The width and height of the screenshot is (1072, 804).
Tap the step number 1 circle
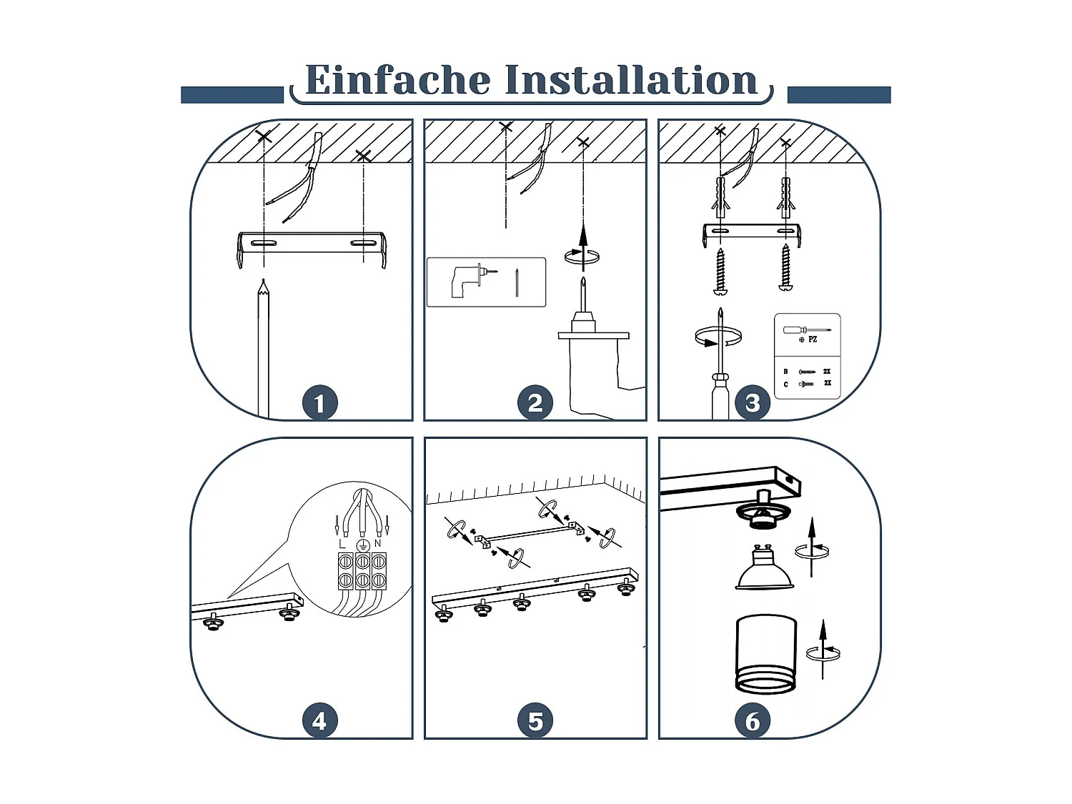(320, 403)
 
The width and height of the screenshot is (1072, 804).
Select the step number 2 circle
(535, 403)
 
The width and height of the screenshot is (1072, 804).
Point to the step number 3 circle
(753, 403)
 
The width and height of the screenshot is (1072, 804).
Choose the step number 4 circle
(320, 720)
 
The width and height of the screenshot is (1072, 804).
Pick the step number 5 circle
(535, 720)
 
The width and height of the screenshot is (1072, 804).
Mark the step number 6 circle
(753, 720)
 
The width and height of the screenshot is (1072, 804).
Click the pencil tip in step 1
(264, 280)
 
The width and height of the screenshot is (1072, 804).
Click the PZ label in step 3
(813, 339)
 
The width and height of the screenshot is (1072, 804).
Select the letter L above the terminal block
(342, 544)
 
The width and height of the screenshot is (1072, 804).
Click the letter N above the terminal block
(377, 543)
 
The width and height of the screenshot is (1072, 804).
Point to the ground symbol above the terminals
(362, 545)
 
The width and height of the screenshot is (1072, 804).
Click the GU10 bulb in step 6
(764, 567)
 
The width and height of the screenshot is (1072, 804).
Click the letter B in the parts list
(785, 372)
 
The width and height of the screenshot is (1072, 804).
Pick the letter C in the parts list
(785, 384)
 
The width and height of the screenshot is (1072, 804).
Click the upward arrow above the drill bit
(582, 247)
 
